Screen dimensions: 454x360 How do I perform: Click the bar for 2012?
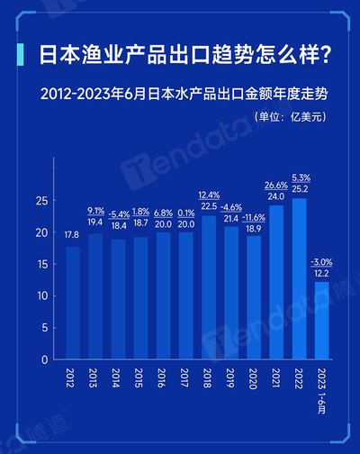pyautogui.click(x=72, y=303)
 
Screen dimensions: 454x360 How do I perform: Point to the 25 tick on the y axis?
pyautogui.click(x=41, y=201)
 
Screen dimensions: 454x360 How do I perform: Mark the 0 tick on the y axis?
pyautogui.click(x=44, y=359)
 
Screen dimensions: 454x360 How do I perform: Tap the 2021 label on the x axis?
pyautogui.click(x=278, y=378)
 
